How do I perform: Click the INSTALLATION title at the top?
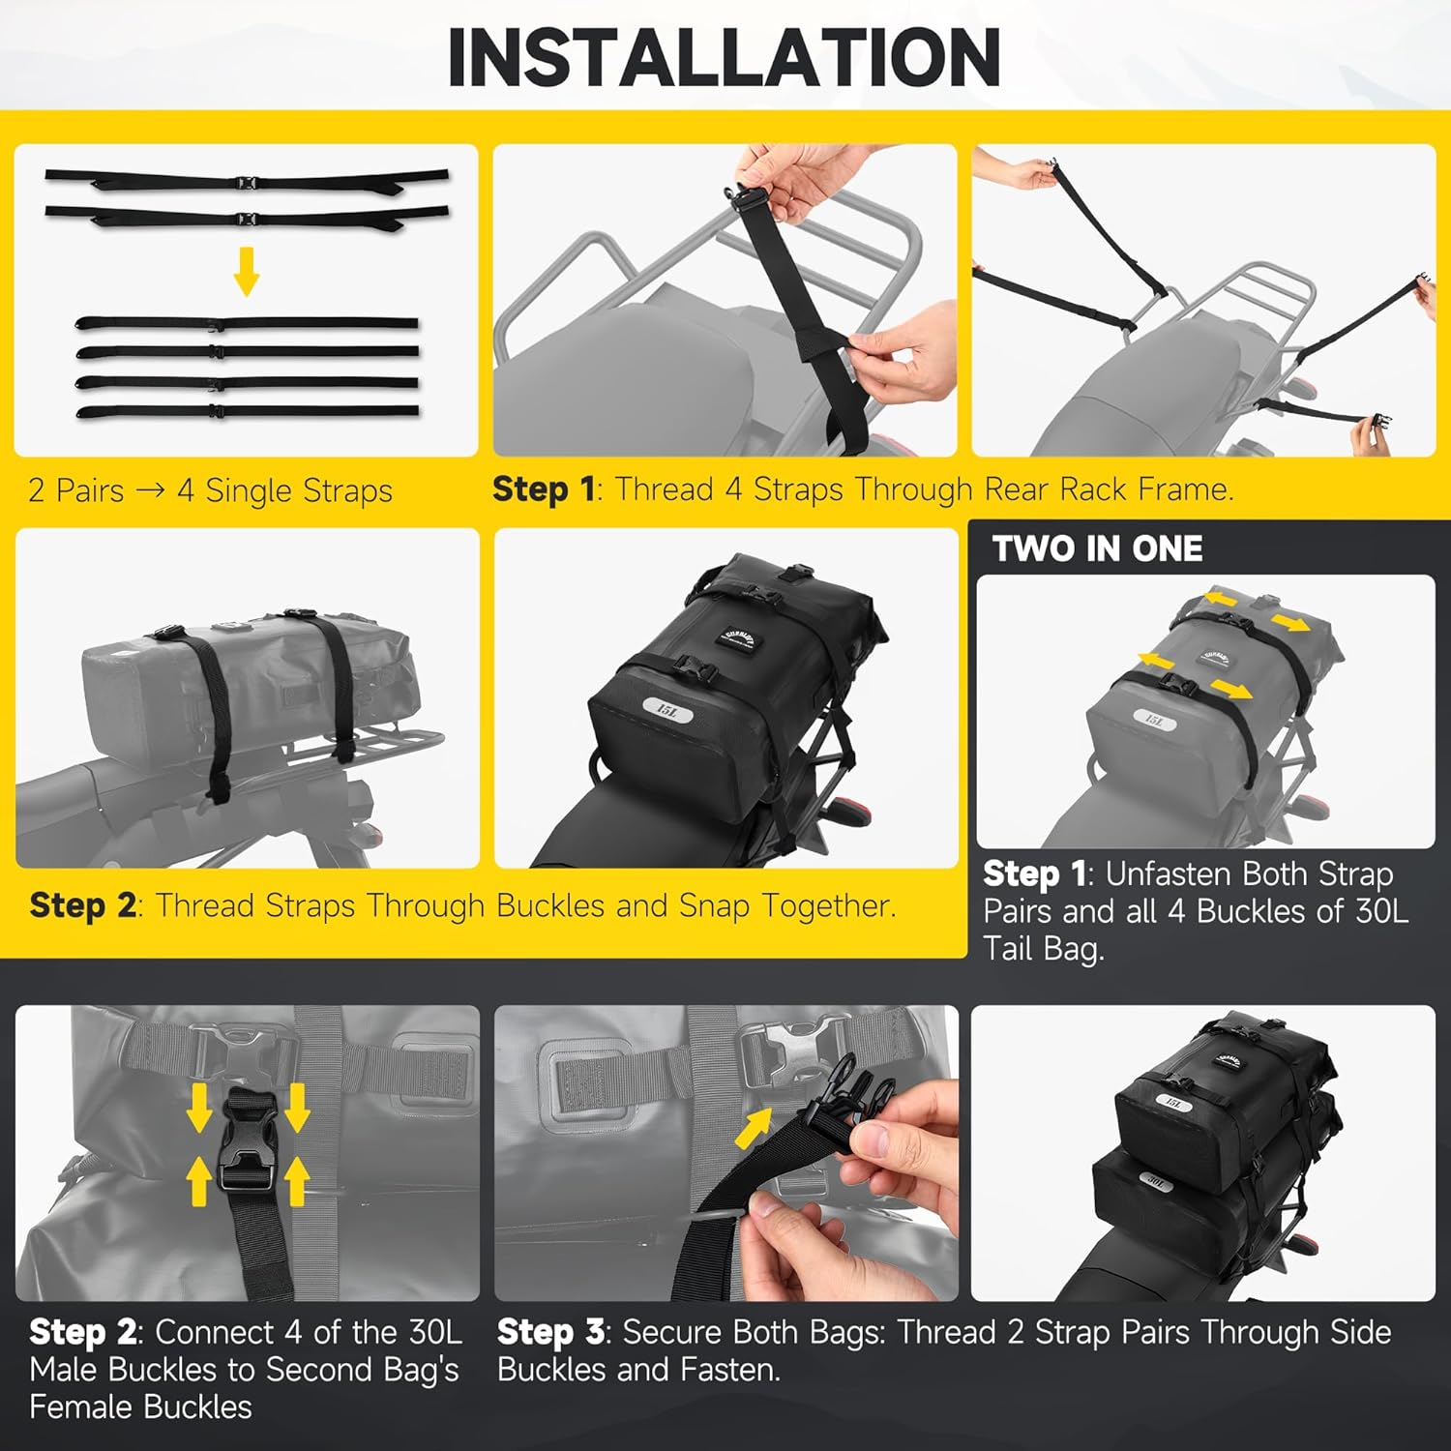(x=724, y=58)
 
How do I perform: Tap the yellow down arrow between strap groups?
(x=247, y=271)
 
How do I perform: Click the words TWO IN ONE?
(x=1097, y=548)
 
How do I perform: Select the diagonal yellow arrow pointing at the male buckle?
(x=755, y=1128)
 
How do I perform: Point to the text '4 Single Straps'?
(x=284, y=490)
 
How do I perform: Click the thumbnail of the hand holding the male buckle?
(x=725, y=1153)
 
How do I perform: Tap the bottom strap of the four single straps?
(x=247, y=411)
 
